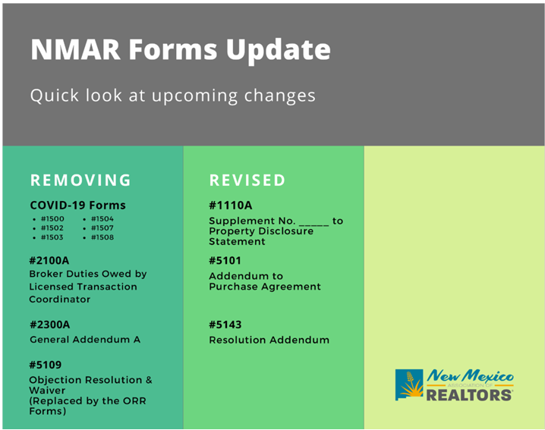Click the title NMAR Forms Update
(x=181, y=49)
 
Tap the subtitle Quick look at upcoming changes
(x=173, y=96)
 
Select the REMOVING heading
(x=80, y=180)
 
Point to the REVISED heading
(x=247, y=180)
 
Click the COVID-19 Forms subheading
(x=78, y=206)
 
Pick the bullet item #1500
(x=52, y=219)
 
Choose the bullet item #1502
(x=52, y=228)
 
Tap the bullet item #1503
(x=52, y=237)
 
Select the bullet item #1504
(x=102, y=219)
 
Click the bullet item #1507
(x=102, y=228)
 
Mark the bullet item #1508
(x=102, y=237)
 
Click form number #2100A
(x=49, y=260)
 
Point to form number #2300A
(x=49, y=325)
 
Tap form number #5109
(x=46, y=365)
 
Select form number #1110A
(x=231, y=206)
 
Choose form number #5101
(x=225, y=260)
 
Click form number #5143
(x=225, y=325)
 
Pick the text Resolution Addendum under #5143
(x=269, y=340)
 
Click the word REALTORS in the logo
(x=469, y=395)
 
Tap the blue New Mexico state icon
(x=409, y=384)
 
